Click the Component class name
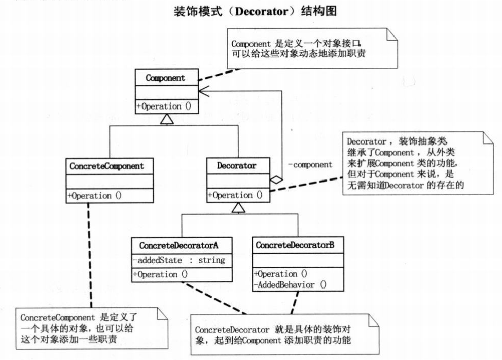165,79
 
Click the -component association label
309,164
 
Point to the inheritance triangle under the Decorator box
238,208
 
